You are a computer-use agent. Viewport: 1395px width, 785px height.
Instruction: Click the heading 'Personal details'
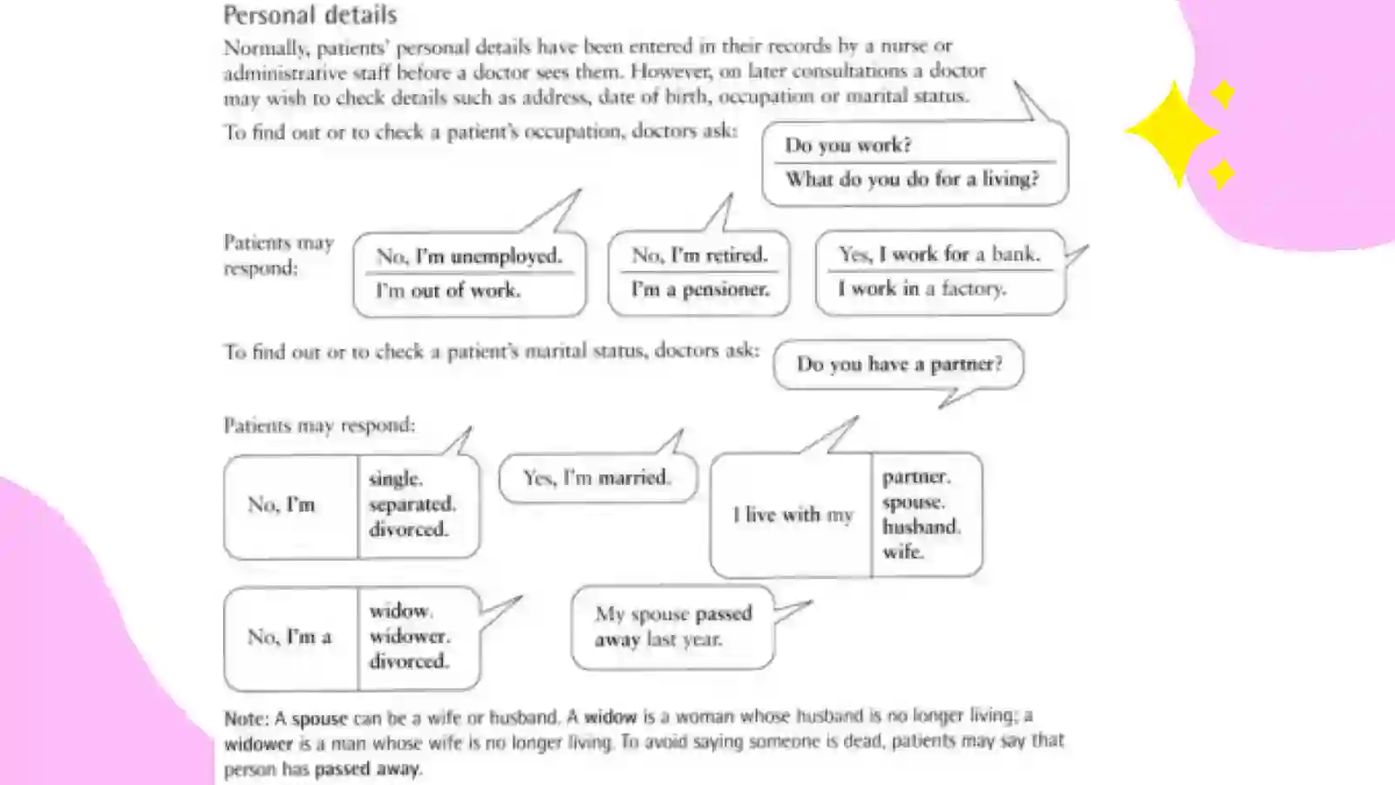[x=310, y=15]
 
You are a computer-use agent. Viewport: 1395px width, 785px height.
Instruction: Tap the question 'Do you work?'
[x=847, y=145]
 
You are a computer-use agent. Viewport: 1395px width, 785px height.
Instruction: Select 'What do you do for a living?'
[x=912, y=180]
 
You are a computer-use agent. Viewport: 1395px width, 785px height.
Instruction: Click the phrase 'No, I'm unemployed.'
[x=469, y=256]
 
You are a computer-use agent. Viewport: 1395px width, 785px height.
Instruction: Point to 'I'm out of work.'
[x=448, y=290]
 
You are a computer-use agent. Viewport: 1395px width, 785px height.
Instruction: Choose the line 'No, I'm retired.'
[x=699, y=255]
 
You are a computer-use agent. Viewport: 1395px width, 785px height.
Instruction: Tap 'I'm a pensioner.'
[x=701, y=289]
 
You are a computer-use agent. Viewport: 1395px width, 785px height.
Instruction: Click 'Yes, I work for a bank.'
[x=940, y=254]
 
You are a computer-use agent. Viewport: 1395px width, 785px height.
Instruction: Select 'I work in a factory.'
[x=922, y=289]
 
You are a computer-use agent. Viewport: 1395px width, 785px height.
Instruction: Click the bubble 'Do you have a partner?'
[x=899, y=365]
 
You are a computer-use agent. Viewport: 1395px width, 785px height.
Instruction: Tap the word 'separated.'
[x=412, y=504]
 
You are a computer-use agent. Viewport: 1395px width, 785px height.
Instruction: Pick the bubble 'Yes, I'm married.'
[x=598, y=478]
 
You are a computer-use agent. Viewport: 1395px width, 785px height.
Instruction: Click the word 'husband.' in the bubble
[x=921, y=527]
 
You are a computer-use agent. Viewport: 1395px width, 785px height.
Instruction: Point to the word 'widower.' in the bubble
[x=409, y=636]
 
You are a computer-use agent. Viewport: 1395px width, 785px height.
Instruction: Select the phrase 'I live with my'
[x=793, y=515]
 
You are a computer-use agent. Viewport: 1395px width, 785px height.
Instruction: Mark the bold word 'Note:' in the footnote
[x=246, y=719]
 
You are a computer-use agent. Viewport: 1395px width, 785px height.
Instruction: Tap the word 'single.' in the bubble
[x=396, y=479]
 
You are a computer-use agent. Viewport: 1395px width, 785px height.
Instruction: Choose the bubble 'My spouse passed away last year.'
[x=672, y=627]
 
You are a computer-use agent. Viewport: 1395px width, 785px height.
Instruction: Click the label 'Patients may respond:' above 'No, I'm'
[x=319, y=426]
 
